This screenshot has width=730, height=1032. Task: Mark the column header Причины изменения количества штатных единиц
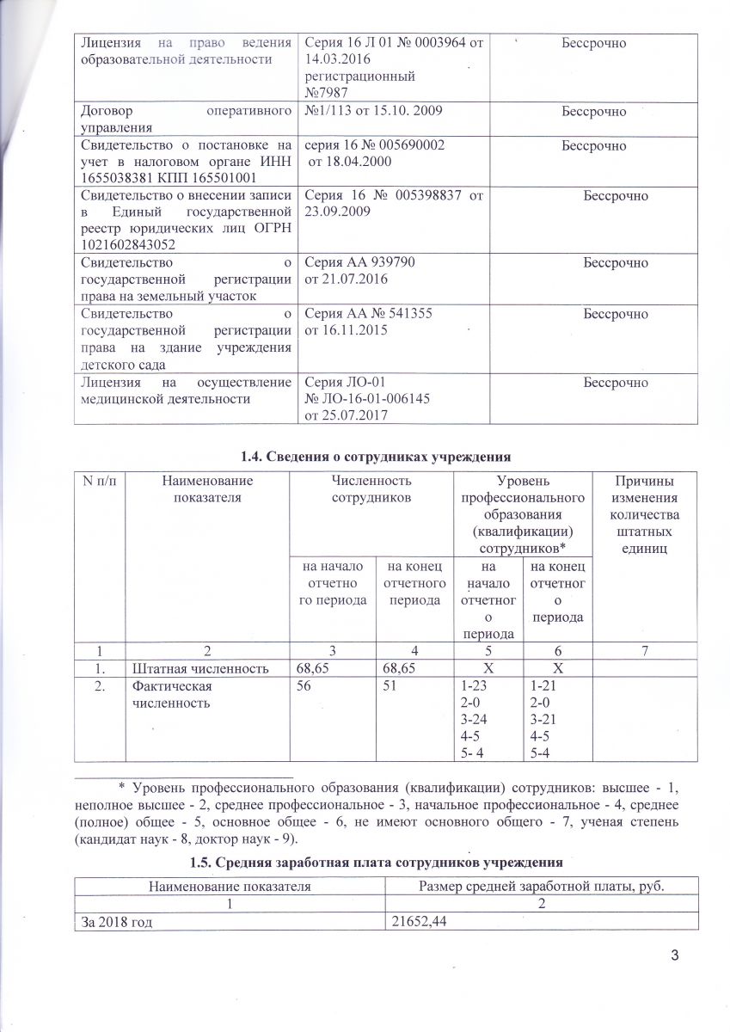point(645,513)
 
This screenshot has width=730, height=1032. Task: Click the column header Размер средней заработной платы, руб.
point(543,885)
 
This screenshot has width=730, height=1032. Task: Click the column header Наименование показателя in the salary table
point(230,885)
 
